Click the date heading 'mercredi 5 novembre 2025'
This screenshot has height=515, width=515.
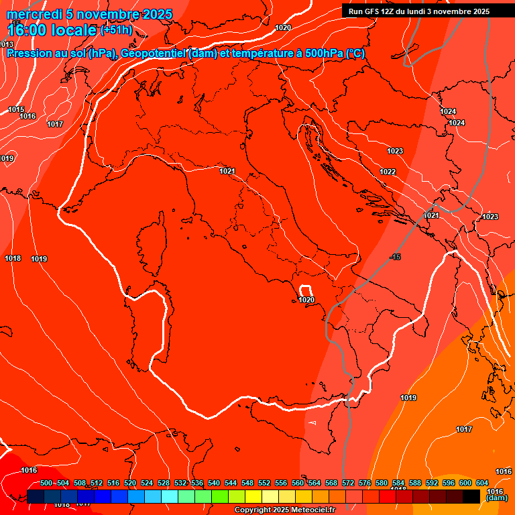(x=89, y=14)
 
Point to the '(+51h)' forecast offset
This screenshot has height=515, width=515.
(x=116, y=30)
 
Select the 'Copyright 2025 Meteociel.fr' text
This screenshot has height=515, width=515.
(x=285, y=510)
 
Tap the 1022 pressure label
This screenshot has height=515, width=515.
(x=388, y=172)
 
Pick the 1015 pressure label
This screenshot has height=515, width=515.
(x=16, y=109)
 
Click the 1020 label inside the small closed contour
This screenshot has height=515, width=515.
(x=306, y=300)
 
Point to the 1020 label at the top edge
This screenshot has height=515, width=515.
(x=283, y=27)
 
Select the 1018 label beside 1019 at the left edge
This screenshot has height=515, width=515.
(x=13, y=258)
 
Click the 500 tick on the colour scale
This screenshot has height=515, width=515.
(x=46, y=483)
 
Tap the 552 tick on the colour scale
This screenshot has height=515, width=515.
(x=264, y=483)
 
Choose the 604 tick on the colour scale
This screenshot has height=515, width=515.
(x=482, y=483)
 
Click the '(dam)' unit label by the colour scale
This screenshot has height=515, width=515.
(x=497, y=498)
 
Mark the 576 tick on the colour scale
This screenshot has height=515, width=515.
(x=365, y=483)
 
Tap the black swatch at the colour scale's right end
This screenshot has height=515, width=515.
(x=471, y=496)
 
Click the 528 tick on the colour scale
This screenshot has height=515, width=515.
(x=164, y=483)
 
